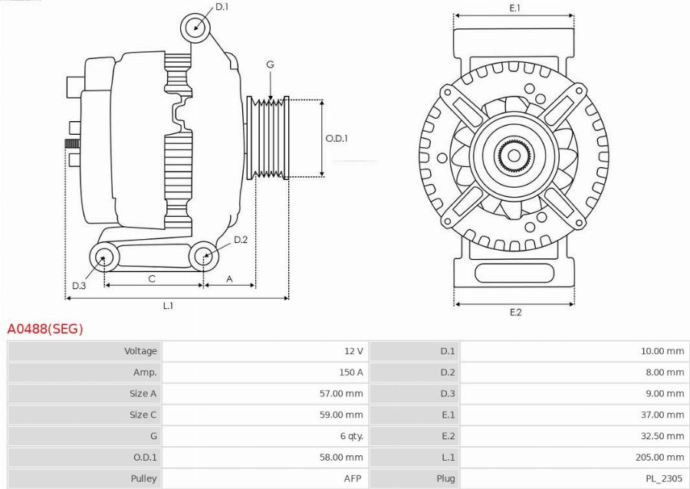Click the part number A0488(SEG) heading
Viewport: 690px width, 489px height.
pos(45,329)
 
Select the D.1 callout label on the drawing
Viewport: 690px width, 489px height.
pos(222,7)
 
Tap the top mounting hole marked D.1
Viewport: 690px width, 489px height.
pos(195,28)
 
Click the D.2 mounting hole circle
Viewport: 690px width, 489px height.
pos(204,255)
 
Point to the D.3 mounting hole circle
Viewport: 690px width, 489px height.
pos(103,257)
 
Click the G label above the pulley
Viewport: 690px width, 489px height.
pos(270,65)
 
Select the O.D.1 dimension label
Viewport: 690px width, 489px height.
pos(337,139)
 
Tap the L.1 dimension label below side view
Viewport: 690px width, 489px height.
pos(168,306)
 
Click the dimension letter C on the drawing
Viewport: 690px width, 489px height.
pos(152,279)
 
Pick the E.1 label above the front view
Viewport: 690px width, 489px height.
pos(514,8)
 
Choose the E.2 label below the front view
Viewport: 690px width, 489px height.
pos(515,312)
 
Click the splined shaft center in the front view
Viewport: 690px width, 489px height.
pos(513,156)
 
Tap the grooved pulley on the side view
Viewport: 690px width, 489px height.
pos(268,139)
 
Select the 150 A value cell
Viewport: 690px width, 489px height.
pos(350,372)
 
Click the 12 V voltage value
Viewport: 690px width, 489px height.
pos(353,351)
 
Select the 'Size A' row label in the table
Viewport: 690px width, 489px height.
pos(143,393)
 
